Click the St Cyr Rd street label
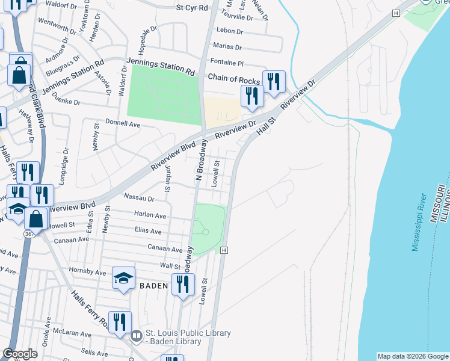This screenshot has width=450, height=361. click(191, 8)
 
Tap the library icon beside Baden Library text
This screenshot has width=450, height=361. click(137, 336)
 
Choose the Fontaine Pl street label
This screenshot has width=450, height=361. click(226, 63)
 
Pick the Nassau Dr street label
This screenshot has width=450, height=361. click(139, 197)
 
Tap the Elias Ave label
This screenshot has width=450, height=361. click(148, 231)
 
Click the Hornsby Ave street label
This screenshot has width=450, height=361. click(88, 271)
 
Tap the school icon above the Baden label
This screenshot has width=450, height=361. click(123, 278)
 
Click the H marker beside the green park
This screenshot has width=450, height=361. click(224, 250)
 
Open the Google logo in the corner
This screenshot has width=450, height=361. click(20, 354)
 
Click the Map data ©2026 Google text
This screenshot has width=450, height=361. click(412, 356)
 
